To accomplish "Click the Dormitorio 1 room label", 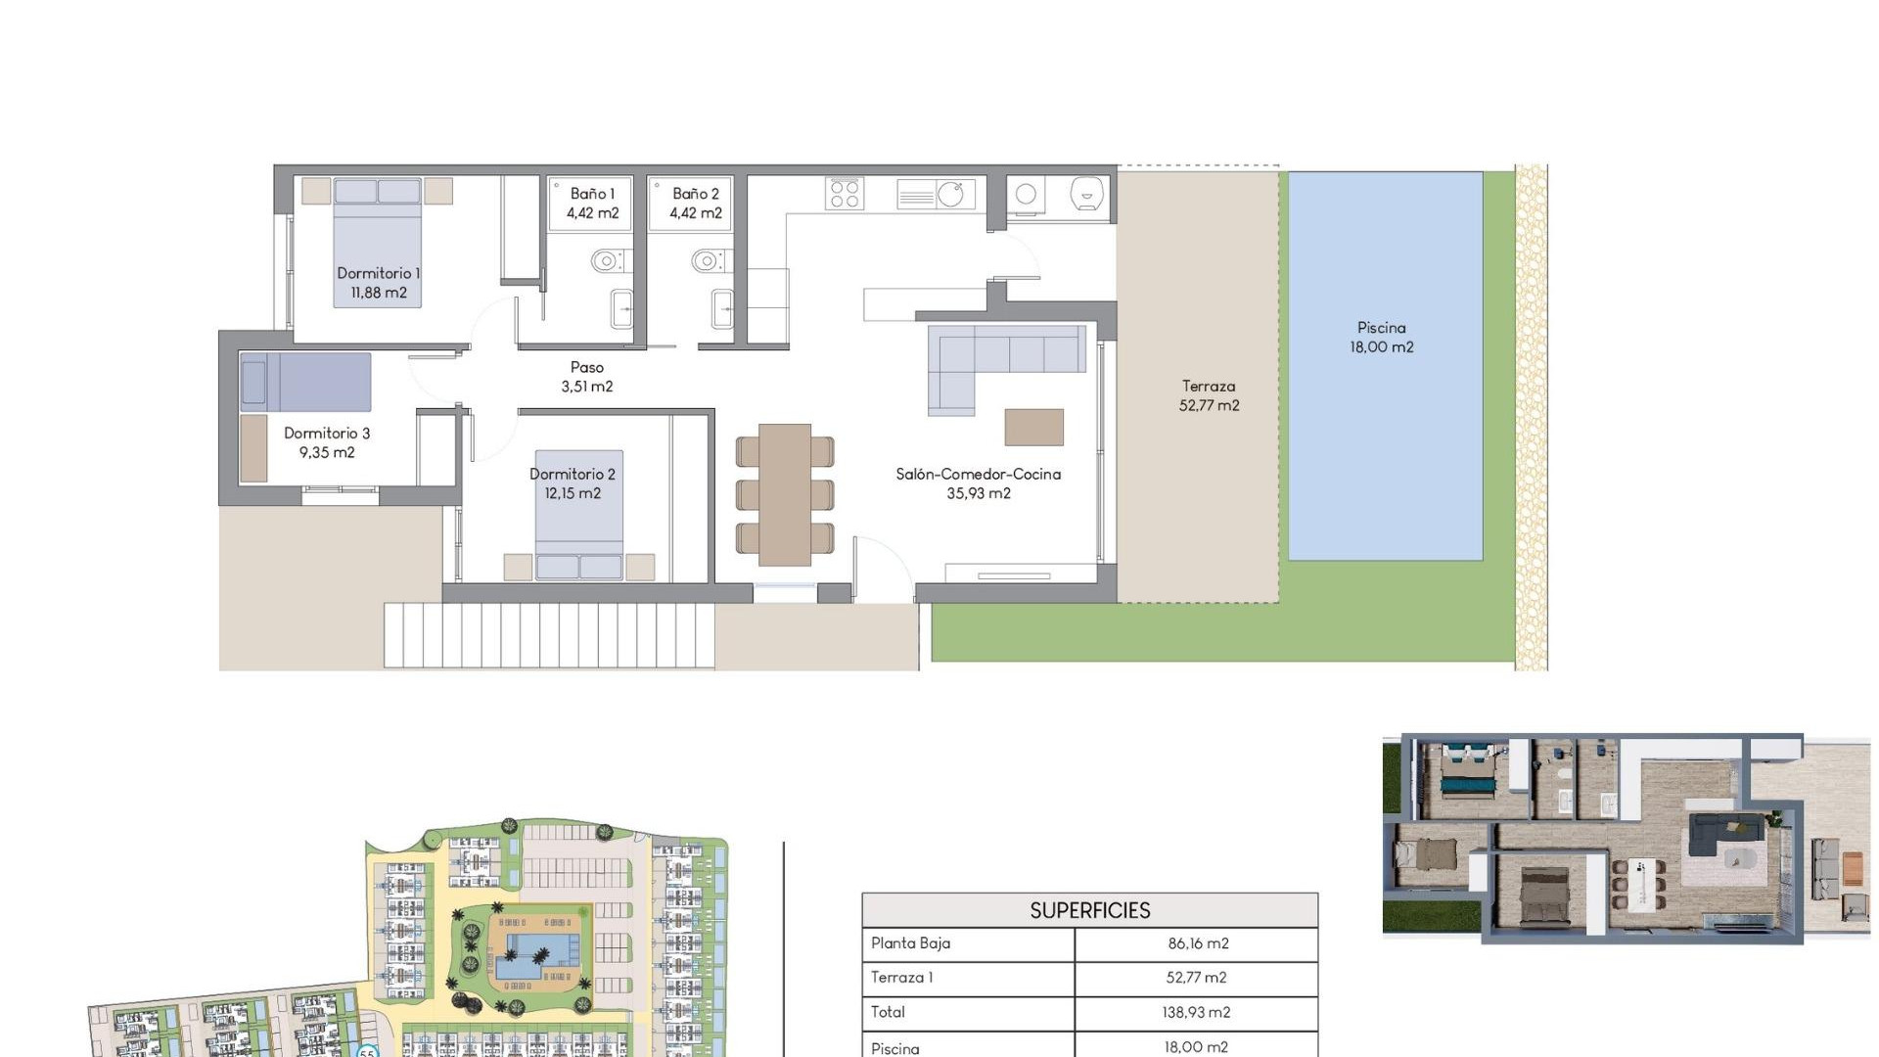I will pos(378,283).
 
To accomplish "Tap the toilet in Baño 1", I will pos(607,261).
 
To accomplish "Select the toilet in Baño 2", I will pos(707,261).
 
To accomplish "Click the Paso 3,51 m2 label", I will pos(586,377).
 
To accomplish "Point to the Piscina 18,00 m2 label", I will pos(1381,338).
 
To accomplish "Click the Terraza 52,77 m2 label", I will pos(1209,396).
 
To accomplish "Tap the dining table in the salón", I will pos(784,494).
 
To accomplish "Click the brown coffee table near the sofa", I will pos(1033,428).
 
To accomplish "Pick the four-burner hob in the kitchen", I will pos(844,194).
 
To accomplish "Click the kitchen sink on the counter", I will pos(949,194).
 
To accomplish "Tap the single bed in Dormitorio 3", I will pos(306,383).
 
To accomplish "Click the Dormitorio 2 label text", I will pos(573,483).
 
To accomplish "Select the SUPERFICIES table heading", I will pos(1089,911).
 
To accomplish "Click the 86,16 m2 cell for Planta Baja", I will pos(1197,943).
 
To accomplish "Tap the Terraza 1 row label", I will pos(902,978).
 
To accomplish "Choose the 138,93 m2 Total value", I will pos(1196,1013).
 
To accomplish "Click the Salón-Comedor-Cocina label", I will pos(978,483).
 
